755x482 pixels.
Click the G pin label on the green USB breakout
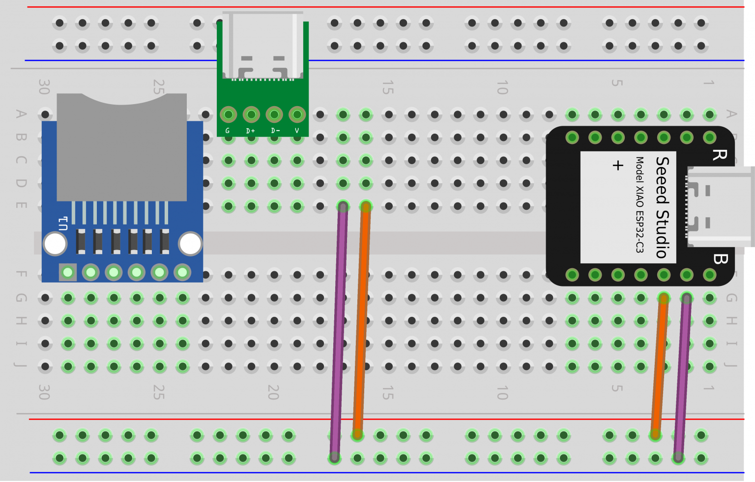227,131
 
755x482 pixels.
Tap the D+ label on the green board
251,131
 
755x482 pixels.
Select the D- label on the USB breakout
275,131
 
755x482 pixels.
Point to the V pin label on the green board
297,131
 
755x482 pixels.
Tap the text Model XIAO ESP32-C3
639,204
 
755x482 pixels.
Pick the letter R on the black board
720,155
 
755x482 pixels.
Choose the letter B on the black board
720,259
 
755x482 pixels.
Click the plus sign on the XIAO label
618,165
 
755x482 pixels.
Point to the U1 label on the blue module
63,224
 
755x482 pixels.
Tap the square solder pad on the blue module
68,272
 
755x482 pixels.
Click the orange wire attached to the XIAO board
659,366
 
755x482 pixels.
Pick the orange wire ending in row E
361,319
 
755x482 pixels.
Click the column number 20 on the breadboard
273,392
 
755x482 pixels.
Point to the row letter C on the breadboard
21,160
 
